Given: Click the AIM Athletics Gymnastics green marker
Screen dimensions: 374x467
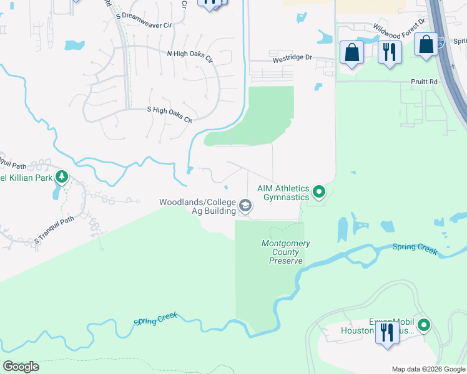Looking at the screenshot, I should (319, 192).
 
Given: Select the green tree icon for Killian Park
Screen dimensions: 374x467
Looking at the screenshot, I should (61, 177).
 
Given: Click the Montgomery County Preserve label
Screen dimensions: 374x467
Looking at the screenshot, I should (286, 252).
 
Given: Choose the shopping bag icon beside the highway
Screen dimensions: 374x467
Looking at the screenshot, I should (426, 46).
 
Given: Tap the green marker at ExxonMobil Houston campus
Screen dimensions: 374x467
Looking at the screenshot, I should (424, 325).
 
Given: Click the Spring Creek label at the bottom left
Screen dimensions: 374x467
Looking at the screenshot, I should (155, 320).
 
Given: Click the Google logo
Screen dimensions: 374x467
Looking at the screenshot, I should (21, 367).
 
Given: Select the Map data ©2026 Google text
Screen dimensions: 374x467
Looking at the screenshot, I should (427, 369).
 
